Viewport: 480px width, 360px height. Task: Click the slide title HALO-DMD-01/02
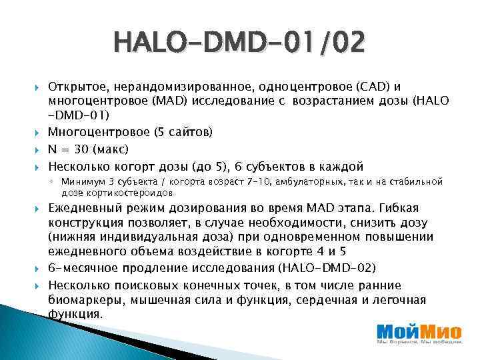(240, 44)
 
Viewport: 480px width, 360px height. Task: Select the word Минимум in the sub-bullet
(79, 181)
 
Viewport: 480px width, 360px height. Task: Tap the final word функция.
(75, 313)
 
